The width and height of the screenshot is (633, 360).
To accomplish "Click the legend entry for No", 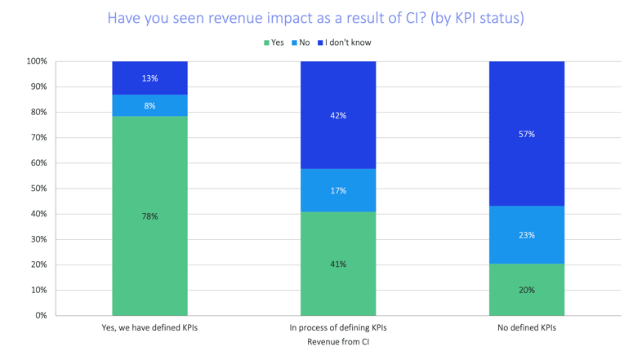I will coord(300,42).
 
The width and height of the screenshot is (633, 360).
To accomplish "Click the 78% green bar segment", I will coord(150,216).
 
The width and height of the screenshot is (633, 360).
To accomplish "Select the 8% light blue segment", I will coord(150,105).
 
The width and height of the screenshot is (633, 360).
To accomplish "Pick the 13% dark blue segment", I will coord(150,78).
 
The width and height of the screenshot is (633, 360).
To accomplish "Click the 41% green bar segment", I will coord(338,263).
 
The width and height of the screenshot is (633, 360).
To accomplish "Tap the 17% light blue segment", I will coord(338,190).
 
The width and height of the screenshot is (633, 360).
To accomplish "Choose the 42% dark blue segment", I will coord(338,115).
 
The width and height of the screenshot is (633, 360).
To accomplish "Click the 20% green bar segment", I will coord(527,289).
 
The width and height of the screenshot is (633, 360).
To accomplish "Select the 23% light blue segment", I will coord(527,234).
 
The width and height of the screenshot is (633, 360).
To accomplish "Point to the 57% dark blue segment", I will coord(527,134).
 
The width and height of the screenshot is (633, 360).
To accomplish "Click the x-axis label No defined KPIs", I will coord(527,327).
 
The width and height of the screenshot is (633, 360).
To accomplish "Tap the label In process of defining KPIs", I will coord(338,327).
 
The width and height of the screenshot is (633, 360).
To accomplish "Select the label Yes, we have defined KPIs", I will coord(150,327).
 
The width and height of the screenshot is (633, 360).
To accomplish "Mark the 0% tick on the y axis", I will coord(39,316).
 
